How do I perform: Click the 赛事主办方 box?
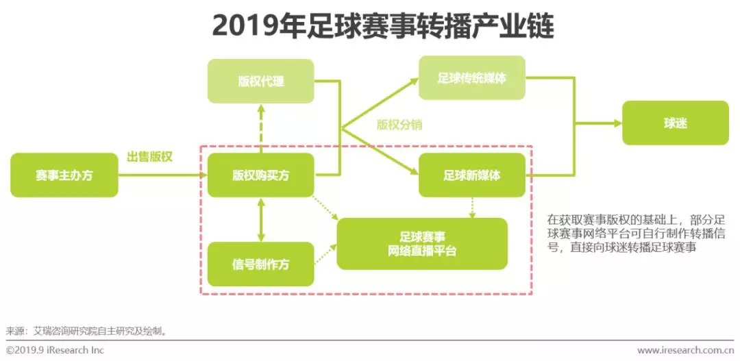pyautogui.click(x=64, y=175)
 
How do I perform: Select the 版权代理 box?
pyautogui.click(x=260, y=82)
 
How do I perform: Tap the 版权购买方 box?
pyautogui.click(x=260, y=175)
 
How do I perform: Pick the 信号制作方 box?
pyautogui.click(x=260, y=264)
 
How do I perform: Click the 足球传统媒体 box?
pyautogui.click(x=472, y=78)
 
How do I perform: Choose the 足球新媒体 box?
pyautogui.click(x=472, y=175)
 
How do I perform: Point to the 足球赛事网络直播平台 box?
pyautogui.click(x=422, y=244)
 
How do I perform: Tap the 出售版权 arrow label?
pyautogui.click(x=149, y=157)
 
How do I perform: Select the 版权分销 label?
pyautogui.click(x=399, y=125)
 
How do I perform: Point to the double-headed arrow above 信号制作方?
pyautogui.click(x=260, y=219)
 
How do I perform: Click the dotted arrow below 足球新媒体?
pyautogui.click(x=472, y=208)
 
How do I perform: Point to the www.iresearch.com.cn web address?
pyautogui.click(x=685, y=350)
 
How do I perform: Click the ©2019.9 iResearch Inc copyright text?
pyautogui.click(x=55, y=350)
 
